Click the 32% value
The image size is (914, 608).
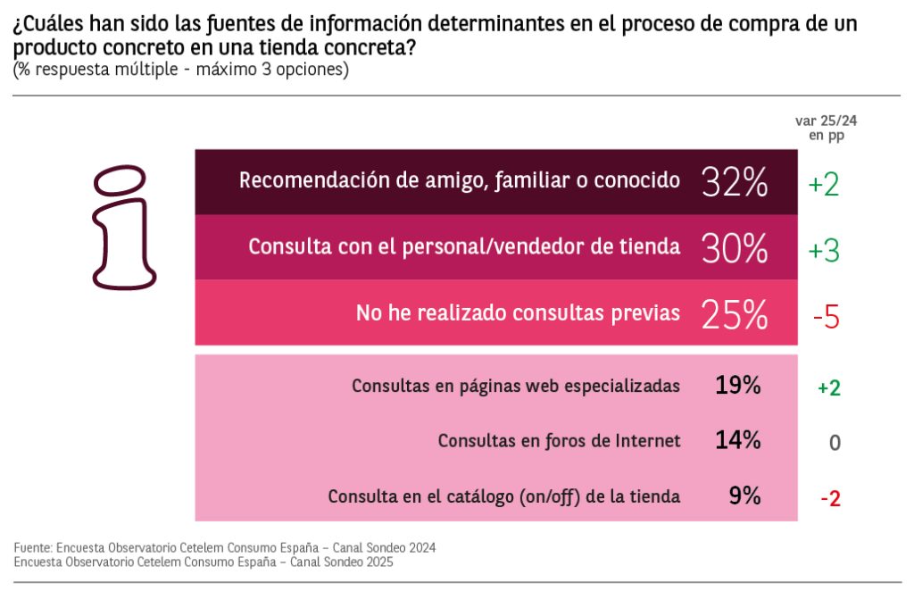[x=735, y=182]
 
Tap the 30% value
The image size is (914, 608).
[x=735, y=248]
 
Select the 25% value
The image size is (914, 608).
[x=735, y=313]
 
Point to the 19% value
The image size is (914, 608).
[x=737, y=386]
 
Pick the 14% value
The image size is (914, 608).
[x=737, y=440]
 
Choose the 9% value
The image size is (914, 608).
[x=744, y=496]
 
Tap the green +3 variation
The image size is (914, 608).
[x=824, y=251]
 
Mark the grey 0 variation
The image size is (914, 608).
[x=835, y=443]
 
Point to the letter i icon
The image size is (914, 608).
[x=124, y=227]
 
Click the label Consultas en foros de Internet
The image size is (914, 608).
[x=560, y=441]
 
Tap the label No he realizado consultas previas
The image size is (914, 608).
[x=518, y=313]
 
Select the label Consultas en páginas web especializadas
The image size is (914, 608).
[x=516, y=387]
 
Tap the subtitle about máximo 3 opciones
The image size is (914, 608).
[x=180, y=70]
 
